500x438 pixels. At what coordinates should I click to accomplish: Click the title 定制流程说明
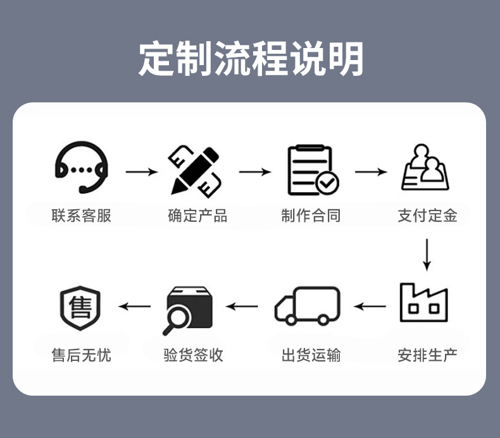[251, 59]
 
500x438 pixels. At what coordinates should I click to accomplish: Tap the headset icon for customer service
[81, 168]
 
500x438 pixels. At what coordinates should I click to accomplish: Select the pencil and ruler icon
[195, 170]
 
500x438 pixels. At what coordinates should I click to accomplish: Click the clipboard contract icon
[311, 169]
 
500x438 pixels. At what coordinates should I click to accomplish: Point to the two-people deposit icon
[426, 169]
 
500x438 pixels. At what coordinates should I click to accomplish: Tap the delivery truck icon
[308, 306]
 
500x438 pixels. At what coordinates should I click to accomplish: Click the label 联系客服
[81, 216]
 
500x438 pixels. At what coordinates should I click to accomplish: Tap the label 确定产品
[197, 216]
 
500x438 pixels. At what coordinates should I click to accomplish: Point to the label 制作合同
[311, 216]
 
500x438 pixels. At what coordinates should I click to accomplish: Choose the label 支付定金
[427, 216]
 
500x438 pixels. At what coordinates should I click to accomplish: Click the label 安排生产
[427, 355]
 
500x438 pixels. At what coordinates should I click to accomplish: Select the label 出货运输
[311, 355]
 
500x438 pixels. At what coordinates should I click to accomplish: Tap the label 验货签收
[193, 355]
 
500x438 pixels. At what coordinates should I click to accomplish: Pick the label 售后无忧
[81, 355]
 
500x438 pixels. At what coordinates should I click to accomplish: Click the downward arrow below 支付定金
[427, 254]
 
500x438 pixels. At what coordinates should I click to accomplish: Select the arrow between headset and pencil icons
[141, 172]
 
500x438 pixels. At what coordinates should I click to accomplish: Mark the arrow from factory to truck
[370, 307]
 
